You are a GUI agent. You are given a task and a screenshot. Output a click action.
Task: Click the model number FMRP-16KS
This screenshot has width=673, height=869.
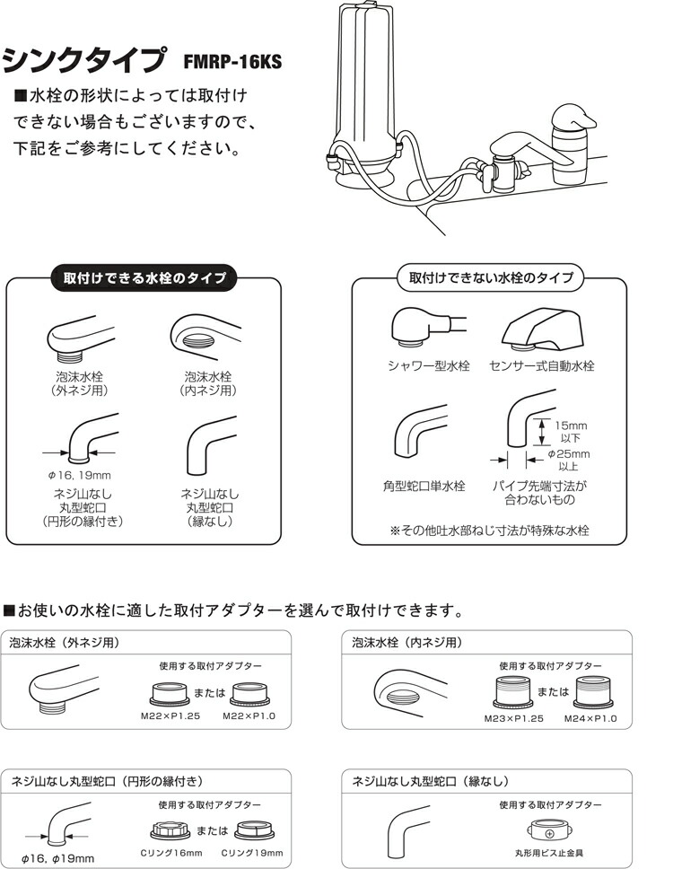point(232,62)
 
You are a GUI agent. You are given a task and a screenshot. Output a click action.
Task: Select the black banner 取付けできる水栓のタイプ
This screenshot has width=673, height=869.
point(144,278)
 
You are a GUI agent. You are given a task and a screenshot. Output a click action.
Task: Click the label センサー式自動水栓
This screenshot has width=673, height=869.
point(542,365)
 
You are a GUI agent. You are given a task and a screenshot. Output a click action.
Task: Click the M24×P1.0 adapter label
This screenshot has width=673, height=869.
point(590,718)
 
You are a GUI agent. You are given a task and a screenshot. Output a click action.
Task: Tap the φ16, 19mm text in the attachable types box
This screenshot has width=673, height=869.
point(78,474)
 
